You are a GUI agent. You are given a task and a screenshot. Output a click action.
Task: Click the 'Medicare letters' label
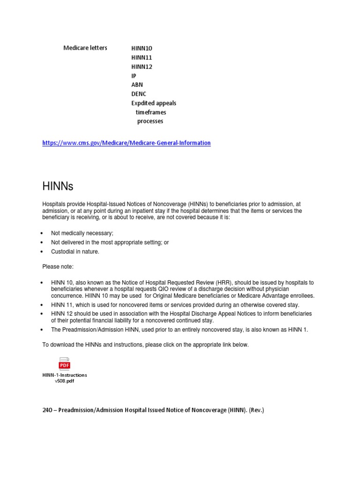coord(85,48)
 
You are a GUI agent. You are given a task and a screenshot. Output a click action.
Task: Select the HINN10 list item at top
coord(142,48)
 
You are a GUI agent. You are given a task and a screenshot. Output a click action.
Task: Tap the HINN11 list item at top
coord(142,58)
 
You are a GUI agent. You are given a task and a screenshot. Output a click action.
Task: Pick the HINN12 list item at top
coord(142,67)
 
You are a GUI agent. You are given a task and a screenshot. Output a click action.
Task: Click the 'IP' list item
coord(134,76)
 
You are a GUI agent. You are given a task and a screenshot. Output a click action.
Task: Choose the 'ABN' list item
coord(137,85)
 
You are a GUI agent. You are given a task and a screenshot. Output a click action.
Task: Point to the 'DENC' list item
coord(139,94)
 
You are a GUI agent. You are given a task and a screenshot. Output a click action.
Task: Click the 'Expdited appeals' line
coord(154,103)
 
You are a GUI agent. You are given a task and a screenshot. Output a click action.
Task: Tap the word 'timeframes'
coord(151,112)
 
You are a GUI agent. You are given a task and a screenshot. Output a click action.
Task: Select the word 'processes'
coord(150,121)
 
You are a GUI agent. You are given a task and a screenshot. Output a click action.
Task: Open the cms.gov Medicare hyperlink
coord(127,143)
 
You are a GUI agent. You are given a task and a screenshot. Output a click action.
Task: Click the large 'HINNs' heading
coord(58,187)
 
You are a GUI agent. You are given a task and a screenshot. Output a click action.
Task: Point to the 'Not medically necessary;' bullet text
coord(82,233)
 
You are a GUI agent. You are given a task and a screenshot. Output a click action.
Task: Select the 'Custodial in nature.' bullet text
coord(75,252)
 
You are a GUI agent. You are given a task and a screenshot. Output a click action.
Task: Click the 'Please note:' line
coord(58,267)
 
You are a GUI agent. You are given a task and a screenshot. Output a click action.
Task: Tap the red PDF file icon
coord(64,364)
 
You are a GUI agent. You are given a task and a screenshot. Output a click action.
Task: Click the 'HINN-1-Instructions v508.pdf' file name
coord(65,378)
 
